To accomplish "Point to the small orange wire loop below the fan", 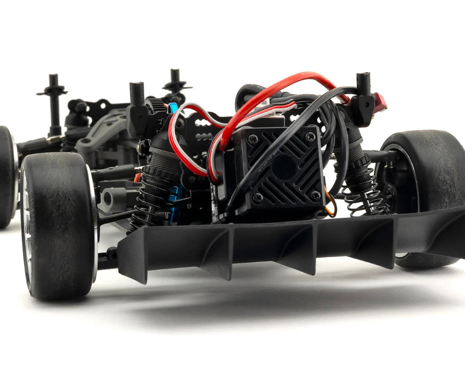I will coord(330,206).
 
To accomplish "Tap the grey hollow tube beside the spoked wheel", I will coord(112,198).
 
